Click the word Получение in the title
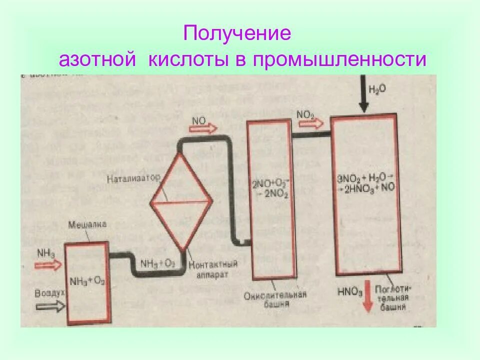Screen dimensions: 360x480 (237, 34)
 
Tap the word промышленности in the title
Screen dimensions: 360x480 (339, 60)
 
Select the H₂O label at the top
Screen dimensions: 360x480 (377, 89)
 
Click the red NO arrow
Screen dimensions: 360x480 (204, 128)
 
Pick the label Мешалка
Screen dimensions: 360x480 (87, 224)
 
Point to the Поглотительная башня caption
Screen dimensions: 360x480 (395, 298)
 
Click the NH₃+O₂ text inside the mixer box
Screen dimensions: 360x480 (87, 280)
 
